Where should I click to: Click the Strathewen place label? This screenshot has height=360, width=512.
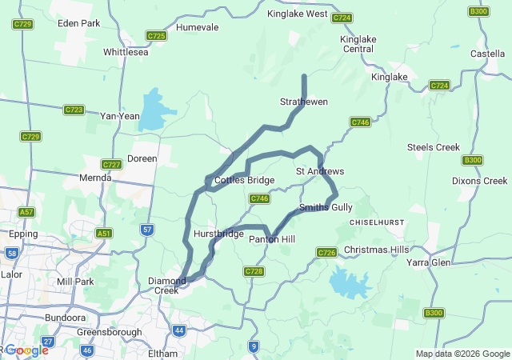(303, 102)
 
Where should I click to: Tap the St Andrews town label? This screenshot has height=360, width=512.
(320, 171)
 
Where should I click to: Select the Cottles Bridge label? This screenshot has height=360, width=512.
(244, 180)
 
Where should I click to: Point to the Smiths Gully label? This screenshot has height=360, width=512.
(326, 207)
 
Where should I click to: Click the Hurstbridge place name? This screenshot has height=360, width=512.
(218, 234)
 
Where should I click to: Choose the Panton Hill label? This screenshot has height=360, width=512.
(272, 239)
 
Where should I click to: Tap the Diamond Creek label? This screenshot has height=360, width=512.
(168, 286)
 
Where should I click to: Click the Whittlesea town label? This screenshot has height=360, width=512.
(126, 52)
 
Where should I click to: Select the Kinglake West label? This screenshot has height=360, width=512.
(297, 14)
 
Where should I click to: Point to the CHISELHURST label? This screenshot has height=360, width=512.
(380, 221)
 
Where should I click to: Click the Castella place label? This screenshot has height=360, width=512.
(487, 54)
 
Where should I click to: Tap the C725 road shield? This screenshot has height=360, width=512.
(156, 36)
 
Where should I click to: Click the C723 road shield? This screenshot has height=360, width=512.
(74, 110)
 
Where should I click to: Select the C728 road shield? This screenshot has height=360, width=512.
(254, 272)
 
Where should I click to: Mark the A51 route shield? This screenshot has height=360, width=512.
(103, 234)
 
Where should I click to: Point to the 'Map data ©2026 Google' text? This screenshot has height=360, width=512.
(462, 354)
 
